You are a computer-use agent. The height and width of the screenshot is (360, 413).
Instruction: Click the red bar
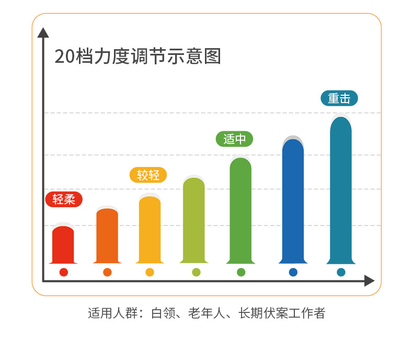pos(63,245)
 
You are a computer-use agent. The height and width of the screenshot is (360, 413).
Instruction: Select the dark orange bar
pos(107,236)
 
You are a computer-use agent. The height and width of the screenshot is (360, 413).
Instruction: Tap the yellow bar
pos(150,230)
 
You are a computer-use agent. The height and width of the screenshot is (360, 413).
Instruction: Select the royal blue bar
pos(293,201)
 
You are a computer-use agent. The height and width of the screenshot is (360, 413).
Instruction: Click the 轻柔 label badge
pos(64,199)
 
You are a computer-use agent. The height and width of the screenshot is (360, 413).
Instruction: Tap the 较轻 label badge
pos(148,175)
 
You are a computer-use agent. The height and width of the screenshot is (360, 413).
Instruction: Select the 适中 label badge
pos(234,139)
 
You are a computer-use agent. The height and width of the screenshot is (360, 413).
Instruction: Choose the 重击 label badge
pos(339,98)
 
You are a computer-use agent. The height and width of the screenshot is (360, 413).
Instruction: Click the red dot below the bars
pos(64,272)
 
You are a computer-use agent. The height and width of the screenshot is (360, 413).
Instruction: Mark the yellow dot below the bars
pos(150,272)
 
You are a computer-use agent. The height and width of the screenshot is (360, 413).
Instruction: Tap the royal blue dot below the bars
pos(293,272)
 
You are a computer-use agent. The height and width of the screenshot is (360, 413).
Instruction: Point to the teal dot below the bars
pos(341,272)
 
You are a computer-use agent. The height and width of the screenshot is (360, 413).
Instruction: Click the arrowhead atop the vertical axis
pos(43,32)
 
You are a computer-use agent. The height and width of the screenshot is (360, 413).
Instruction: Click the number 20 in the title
pos(65,57)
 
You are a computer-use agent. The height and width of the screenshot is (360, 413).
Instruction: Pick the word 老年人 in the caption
pos(206,313)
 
